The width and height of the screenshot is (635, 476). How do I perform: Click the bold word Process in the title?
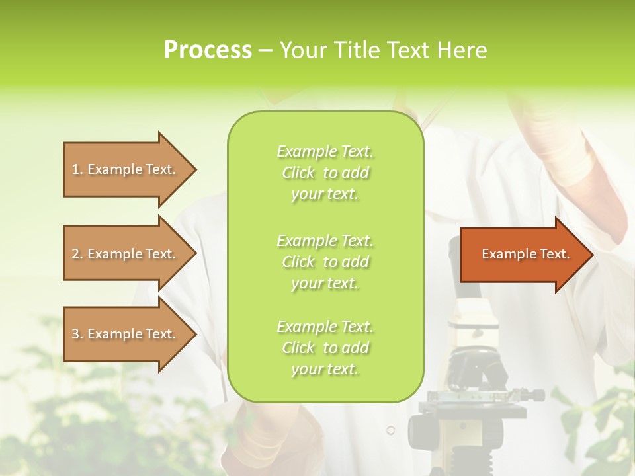[x=208, y=50]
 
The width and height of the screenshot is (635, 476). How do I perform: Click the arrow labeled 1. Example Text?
[x=123, y=169]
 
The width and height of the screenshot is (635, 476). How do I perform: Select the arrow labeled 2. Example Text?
[x=123, y=254]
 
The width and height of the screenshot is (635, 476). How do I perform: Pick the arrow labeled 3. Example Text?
[x=123, y=334]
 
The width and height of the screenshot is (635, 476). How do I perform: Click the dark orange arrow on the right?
[x=523, y=254]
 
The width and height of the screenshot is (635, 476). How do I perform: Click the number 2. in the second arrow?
[x=77, y=254]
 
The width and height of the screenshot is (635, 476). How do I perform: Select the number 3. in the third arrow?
[x=77, y=334]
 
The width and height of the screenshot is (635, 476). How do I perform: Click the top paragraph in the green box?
[x=325, y=173]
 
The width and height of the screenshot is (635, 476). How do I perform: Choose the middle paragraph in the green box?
[x=325, y=262]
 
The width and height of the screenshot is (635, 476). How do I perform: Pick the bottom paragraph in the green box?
[x=325, y=348]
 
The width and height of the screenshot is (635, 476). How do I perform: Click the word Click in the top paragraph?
[x=298, y=173]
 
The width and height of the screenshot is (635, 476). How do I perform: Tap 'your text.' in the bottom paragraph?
[x=325, y=370]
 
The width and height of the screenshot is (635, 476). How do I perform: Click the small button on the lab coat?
[x=390, y=430]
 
